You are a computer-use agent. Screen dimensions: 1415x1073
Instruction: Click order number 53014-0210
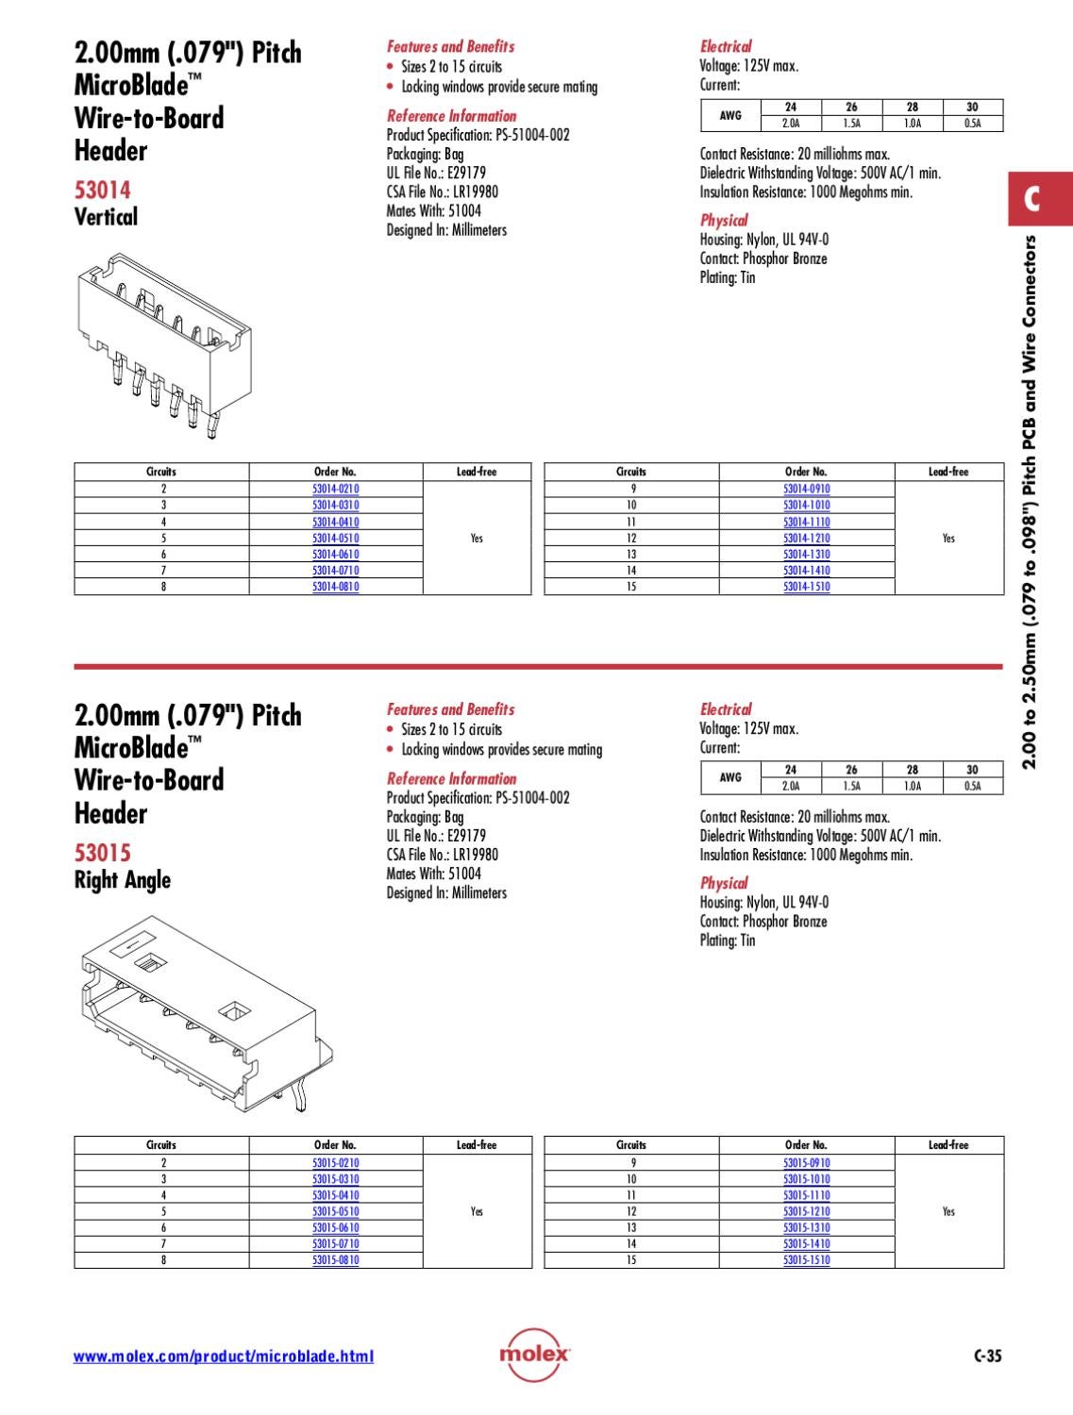335,489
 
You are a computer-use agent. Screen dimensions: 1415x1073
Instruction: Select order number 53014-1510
806,586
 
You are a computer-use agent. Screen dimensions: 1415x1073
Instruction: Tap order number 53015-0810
335,1259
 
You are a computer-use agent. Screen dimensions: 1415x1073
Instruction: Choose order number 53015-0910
806,1162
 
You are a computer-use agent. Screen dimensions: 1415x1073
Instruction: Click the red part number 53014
102,190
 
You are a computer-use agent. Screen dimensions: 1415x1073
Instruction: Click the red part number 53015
102,853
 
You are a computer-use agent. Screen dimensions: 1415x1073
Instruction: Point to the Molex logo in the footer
534,1355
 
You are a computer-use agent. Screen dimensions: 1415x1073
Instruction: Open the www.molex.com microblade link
224,1357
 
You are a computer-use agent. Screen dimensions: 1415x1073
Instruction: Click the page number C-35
987,1357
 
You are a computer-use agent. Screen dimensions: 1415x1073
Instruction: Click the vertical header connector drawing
162,344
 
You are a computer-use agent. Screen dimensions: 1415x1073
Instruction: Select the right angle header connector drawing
203,1014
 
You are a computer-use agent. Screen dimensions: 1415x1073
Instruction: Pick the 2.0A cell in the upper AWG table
791,124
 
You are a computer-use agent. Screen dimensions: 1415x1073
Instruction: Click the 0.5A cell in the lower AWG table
972,786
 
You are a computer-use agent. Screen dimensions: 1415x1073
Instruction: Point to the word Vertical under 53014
106,217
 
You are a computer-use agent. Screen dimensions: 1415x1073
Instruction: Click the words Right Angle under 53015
123,880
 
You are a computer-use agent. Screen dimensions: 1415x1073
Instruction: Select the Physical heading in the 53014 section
724,220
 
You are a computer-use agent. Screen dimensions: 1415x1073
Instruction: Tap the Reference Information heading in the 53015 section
451,778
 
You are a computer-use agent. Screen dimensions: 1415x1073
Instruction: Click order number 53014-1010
806,505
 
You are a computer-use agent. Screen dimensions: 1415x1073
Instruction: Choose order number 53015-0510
335,1211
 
